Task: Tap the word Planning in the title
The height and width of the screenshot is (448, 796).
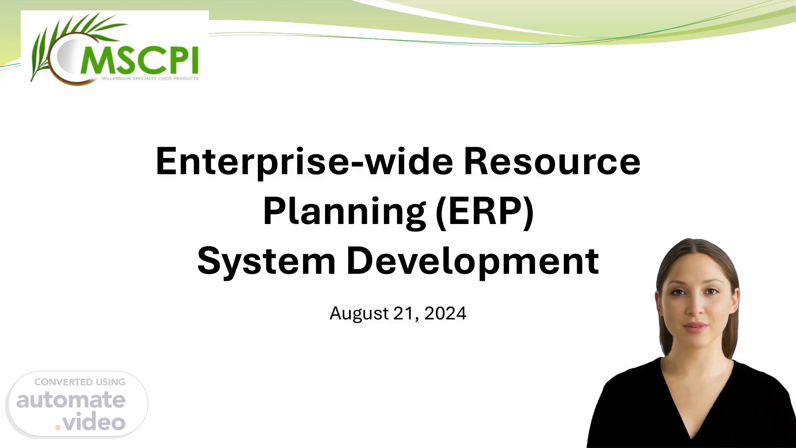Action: [345, 212]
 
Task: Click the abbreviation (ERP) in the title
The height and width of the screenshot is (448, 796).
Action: [485, 212]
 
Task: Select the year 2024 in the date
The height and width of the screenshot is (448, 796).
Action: [445, 313]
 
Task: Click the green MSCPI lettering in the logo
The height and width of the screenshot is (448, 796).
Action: [139, 60]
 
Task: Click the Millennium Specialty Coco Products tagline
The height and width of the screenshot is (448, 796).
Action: [150, 78]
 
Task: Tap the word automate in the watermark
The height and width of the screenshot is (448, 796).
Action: [71, 400]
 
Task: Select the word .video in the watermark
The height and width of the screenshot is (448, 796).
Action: [90, 422]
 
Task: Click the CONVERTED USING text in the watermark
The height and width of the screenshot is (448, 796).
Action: [80, 382]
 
